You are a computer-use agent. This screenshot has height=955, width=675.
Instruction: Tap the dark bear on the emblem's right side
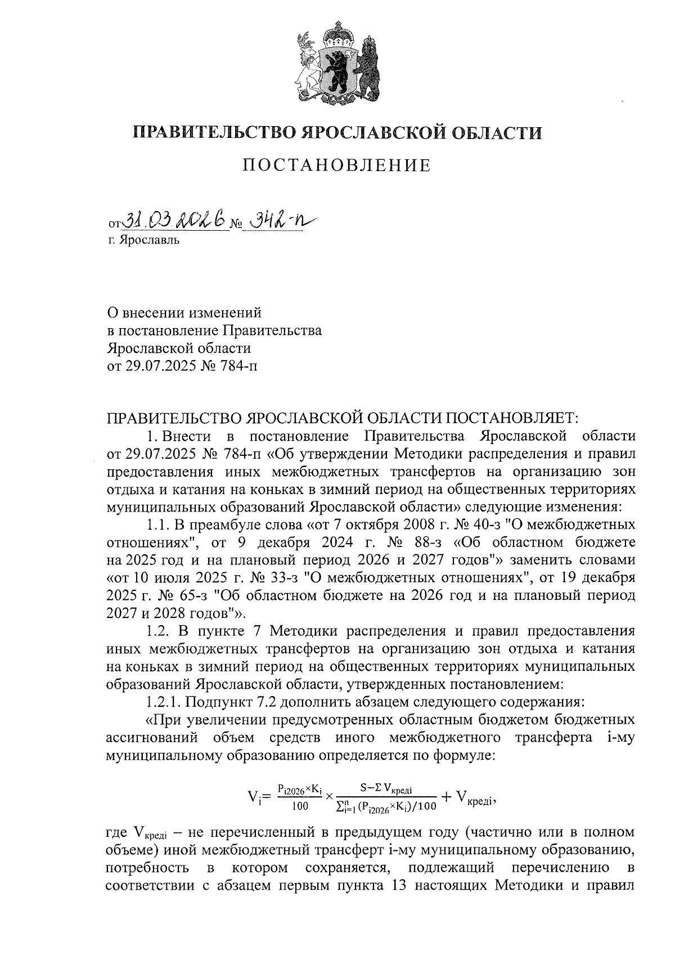pyautogui.click(x=368, y=68)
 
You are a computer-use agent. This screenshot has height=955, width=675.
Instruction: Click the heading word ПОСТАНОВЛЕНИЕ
pyautogui.click(x=337, y=165)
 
